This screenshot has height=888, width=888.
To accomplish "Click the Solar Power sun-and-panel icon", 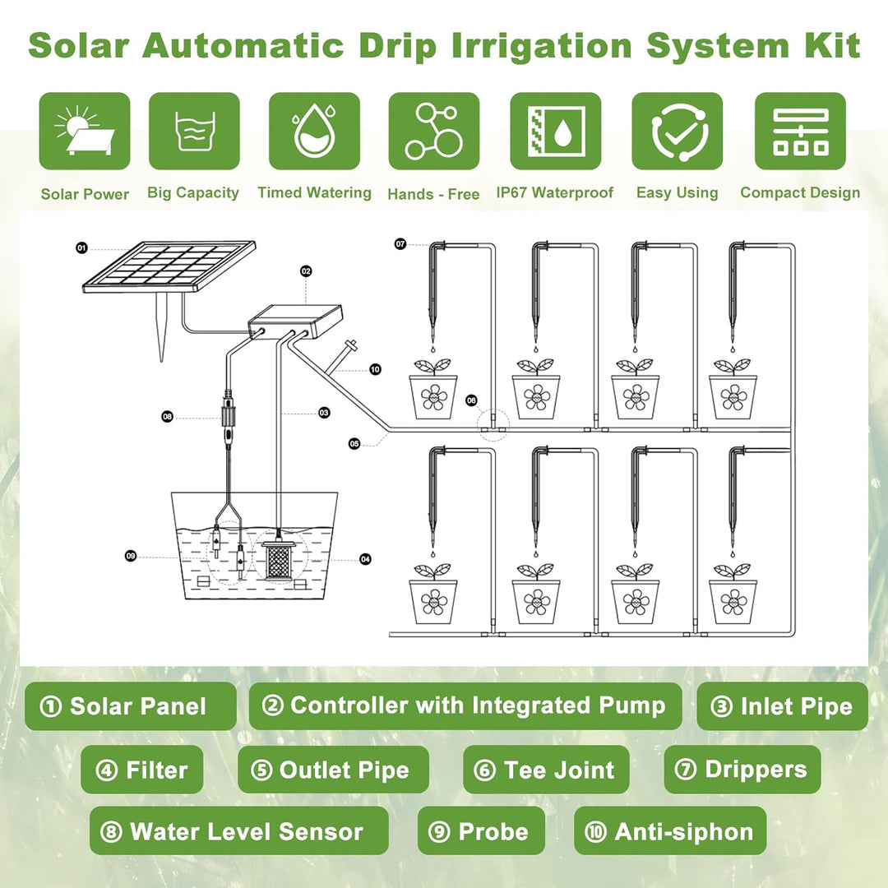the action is click(85, 131).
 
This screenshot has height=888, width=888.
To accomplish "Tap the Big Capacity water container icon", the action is click(194, 131).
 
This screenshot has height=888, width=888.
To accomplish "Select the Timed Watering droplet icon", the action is click(314, 131).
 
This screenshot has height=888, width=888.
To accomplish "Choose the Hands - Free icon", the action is click(434, 131).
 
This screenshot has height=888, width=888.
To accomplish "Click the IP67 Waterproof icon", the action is click(556, 131).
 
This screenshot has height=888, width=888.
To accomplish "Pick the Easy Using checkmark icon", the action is click(678, 131).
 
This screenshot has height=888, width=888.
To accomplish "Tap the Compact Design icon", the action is click(800, 131).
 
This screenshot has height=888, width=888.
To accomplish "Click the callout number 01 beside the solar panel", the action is click(82, 248).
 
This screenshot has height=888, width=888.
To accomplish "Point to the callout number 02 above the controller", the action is click(306, 271).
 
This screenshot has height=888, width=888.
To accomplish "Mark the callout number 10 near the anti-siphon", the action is click(375, 370).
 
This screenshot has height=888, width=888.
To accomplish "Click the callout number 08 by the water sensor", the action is click(167, 417).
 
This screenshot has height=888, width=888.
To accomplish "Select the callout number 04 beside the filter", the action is click(365, 560).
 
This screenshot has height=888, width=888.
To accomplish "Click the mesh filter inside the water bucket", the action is click(278, 560).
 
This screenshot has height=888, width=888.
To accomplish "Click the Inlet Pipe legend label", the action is click(782, 706).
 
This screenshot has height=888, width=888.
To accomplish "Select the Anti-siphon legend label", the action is click(670, 831).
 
